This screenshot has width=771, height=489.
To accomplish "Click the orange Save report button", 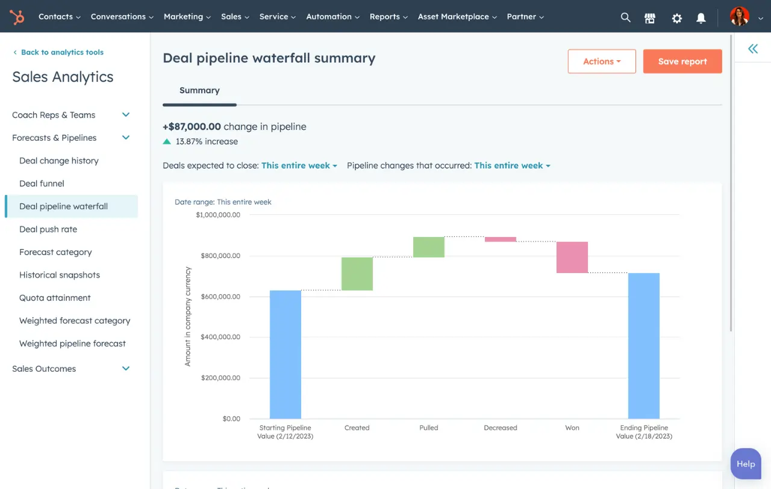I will coord(682,61).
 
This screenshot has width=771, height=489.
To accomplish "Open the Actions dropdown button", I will coord(601,61).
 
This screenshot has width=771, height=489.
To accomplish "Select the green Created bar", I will coord(357,274).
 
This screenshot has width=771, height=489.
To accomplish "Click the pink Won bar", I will coord(572,257).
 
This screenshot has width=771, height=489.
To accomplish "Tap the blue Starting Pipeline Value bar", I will coord(286,354).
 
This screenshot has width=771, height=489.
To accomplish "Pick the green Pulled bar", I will coord(429,247).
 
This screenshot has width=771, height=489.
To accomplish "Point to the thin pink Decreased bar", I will coord(501,239).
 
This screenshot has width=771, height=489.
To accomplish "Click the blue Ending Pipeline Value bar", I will coord(644,346).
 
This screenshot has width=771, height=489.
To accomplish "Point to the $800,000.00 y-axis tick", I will coord(218,256).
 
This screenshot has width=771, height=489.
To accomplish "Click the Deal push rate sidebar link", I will coord(48,229).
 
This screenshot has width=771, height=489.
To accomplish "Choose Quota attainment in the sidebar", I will coord(55,298).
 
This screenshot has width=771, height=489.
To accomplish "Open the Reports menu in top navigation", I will coord(389,17).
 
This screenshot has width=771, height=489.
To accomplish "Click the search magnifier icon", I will coord(626,17).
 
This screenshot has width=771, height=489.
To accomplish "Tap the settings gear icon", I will coord(677,18).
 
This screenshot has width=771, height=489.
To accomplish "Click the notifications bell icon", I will coord(701,18).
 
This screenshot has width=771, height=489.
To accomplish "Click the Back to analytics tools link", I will coord(61,52).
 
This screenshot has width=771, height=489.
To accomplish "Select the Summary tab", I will coord(199,91).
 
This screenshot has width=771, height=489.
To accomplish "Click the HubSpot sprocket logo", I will coord(17,17).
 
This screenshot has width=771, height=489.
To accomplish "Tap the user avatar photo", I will coord(740,17).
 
